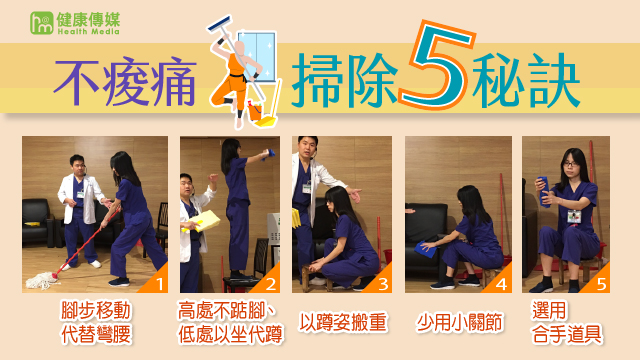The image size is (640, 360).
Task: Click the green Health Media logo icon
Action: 41,23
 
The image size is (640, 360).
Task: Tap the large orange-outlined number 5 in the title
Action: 437,64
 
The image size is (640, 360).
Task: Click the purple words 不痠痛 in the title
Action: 125,83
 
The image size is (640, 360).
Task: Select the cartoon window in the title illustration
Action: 257,56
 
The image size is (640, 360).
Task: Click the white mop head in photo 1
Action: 41,280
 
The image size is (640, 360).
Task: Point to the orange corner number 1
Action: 160,284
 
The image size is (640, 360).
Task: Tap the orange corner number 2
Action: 271,284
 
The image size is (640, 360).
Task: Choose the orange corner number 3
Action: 383,284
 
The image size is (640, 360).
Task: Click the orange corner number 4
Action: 501,284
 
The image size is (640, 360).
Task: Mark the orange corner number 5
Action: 601,284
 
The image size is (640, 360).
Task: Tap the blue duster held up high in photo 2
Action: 270,154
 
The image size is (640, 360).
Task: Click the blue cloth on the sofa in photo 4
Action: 425,250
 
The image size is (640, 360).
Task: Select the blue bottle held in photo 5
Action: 545,191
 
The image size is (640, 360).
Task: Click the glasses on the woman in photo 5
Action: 570,164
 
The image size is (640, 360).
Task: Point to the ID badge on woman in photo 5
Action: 574,217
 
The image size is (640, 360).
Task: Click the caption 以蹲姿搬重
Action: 343,322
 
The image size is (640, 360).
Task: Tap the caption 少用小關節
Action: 460,322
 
